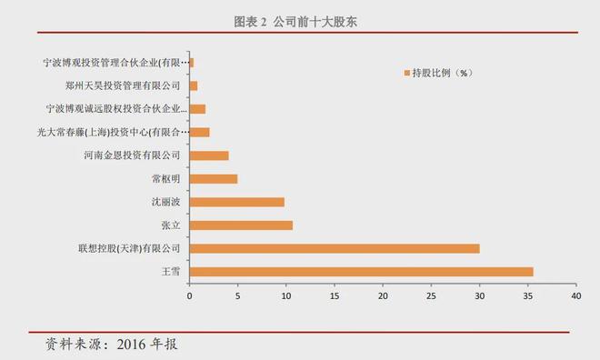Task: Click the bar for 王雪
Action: [x=361, y=271]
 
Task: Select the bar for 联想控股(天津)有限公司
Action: [x=334, y=248]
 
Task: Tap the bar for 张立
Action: [x=241, y=225]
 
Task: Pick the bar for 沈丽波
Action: [x=236, y=202]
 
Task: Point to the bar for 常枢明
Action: [x=213, y=178]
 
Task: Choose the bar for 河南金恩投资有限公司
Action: [x=208, y=155]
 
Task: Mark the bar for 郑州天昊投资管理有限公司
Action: [x=193, y=85]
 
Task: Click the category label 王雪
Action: [x=171, y=272]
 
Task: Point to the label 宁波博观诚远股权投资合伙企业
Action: [x=115, y=109]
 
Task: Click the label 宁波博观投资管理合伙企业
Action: [x=117, y=63]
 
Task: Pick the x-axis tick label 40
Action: [x=575, y=295]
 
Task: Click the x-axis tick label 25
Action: [x=431, y=295]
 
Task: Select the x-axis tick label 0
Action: [x=189, y=295]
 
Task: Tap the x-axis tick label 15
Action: [x=334, y=295]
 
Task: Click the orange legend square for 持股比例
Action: [x=405, y=73]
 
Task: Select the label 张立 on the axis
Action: [x=171, y=225]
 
